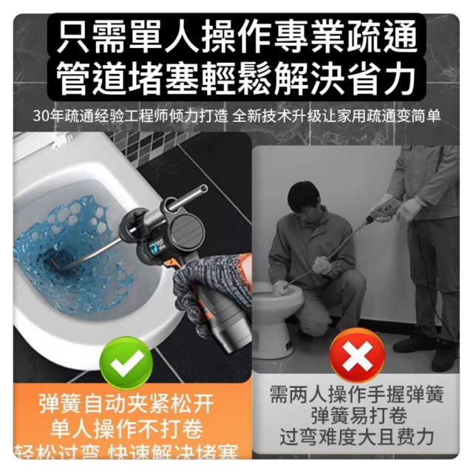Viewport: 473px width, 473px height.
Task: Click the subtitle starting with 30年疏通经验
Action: click(x=237, y=117)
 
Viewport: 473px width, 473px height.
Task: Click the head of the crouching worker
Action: click(x=303, y=198)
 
